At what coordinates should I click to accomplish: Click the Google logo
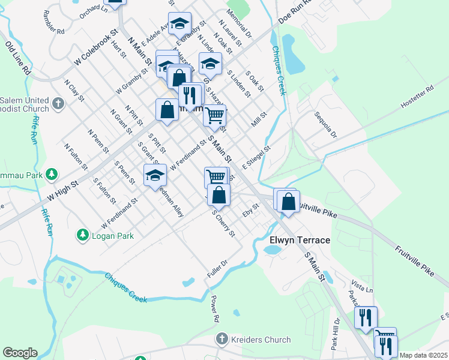[x=20, y=353]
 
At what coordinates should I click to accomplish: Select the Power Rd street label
[x=213, y=309]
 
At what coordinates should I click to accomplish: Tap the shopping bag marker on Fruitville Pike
[x=289, y=201]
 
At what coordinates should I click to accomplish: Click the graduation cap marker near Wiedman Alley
[x=155, y=175]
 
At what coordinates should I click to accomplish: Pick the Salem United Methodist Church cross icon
[x=58, y=103]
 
